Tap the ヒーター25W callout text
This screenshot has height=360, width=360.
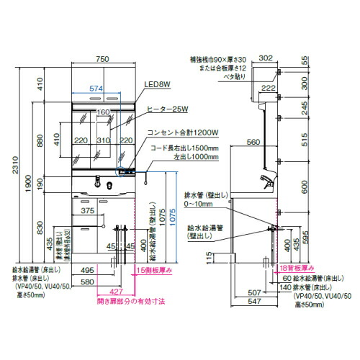pos(168,109)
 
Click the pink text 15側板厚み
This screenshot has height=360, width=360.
pos(155,270)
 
